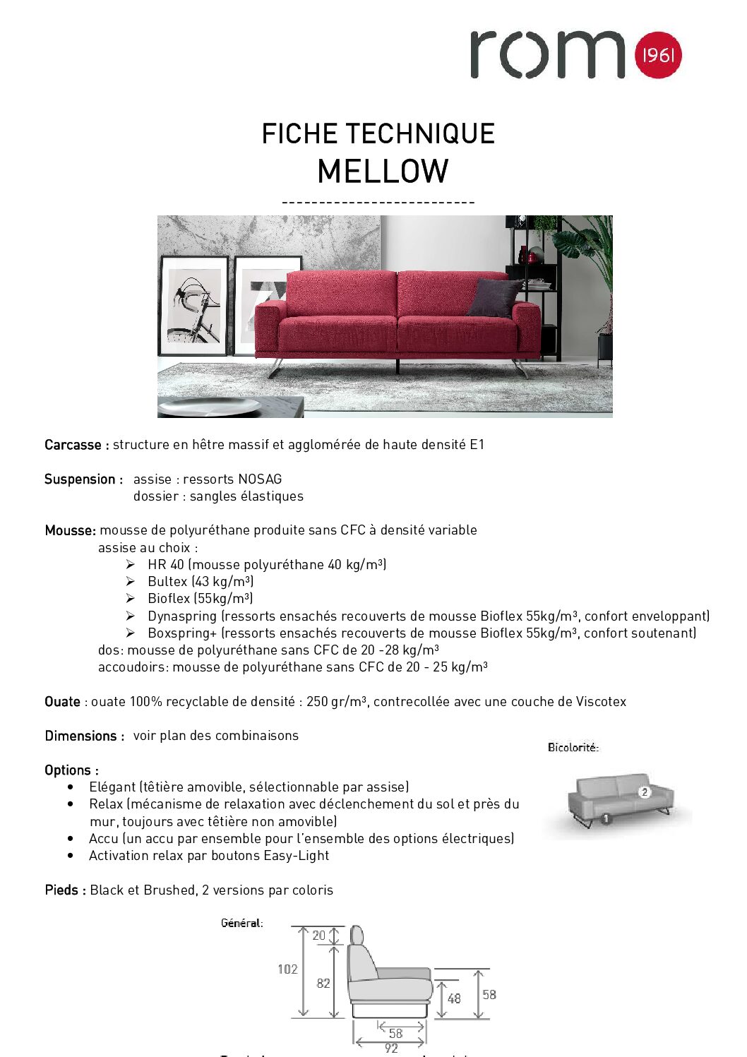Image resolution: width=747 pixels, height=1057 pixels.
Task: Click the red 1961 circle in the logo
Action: (x=658, y=54)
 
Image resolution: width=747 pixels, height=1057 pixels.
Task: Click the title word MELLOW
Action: (x=383, y=172)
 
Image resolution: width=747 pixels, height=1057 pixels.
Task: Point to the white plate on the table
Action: (x=210, y=407)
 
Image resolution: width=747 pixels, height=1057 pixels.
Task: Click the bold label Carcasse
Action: (x=73, y=445)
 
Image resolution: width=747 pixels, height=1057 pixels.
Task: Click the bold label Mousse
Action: (x=69, y=530)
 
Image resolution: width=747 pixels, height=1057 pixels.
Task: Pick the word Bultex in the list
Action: (x=167, y=581)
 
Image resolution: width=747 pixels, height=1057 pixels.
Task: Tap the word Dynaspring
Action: (x=182, y=616)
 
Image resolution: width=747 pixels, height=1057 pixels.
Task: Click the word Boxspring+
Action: (x=182, y=633)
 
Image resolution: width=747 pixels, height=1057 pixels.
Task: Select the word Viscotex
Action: (x=601, y=701)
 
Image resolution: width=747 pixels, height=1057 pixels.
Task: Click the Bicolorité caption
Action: (x=573, y=747)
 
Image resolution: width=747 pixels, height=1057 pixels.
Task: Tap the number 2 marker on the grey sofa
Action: (x=644, y=792)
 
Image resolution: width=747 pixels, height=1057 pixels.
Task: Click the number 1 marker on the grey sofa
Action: (x=605, y=819)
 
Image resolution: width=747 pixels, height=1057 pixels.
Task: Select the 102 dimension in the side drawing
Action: (x=287, y=969)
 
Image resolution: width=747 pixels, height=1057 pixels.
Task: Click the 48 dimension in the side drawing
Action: (x=454, y=998)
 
